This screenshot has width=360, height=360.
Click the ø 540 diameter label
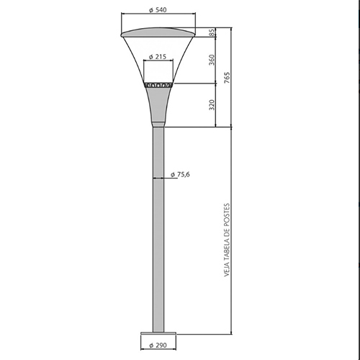(158, 10)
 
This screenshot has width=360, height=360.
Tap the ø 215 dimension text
(158, 57)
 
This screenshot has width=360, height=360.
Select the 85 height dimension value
(212, 33)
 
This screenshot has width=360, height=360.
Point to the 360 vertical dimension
(212, 60)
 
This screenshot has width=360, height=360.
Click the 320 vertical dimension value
(212, 105)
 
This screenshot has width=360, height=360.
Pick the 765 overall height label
(227, 77)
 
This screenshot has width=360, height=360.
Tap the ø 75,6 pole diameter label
(180, 174)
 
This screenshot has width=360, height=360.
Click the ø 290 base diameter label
(158, 346)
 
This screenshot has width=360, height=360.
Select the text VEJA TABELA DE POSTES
(227, 240)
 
